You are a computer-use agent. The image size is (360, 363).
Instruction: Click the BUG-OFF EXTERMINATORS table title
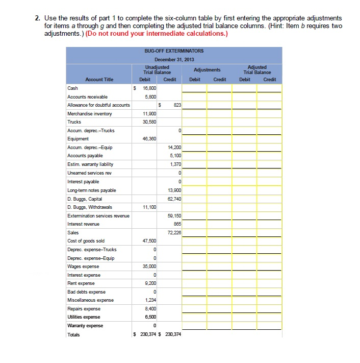[174, 51]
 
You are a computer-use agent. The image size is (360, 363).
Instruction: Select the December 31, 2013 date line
[174, 60]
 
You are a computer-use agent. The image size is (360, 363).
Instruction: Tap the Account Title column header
[99, 80]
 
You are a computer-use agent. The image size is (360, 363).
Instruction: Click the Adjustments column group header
[207, 70]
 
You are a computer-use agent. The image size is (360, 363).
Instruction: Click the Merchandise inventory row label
[90, 113]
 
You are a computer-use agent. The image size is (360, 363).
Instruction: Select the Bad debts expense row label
[86, 292]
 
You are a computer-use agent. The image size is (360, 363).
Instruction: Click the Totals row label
[74, 335]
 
